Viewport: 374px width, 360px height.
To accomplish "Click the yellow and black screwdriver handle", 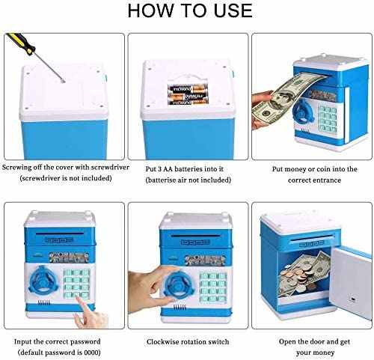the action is tap(20, 43).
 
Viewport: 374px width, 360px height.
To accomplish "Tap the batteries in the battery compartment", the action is tap(188, 94).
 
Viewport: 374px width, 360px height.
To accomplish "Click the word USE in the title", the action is tap(233, 10).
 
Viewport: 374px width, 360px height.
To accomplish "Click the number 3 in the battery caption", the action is tap(160, 169).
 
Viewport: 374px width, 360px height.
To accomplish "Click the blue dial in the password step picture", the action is tap(43, 280).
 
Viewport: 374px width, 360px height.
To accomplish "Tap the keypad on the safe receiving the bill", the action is tap(328, 118).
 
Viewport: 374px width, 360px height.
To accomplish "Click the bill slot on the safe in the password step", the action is tap(60, 234).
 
